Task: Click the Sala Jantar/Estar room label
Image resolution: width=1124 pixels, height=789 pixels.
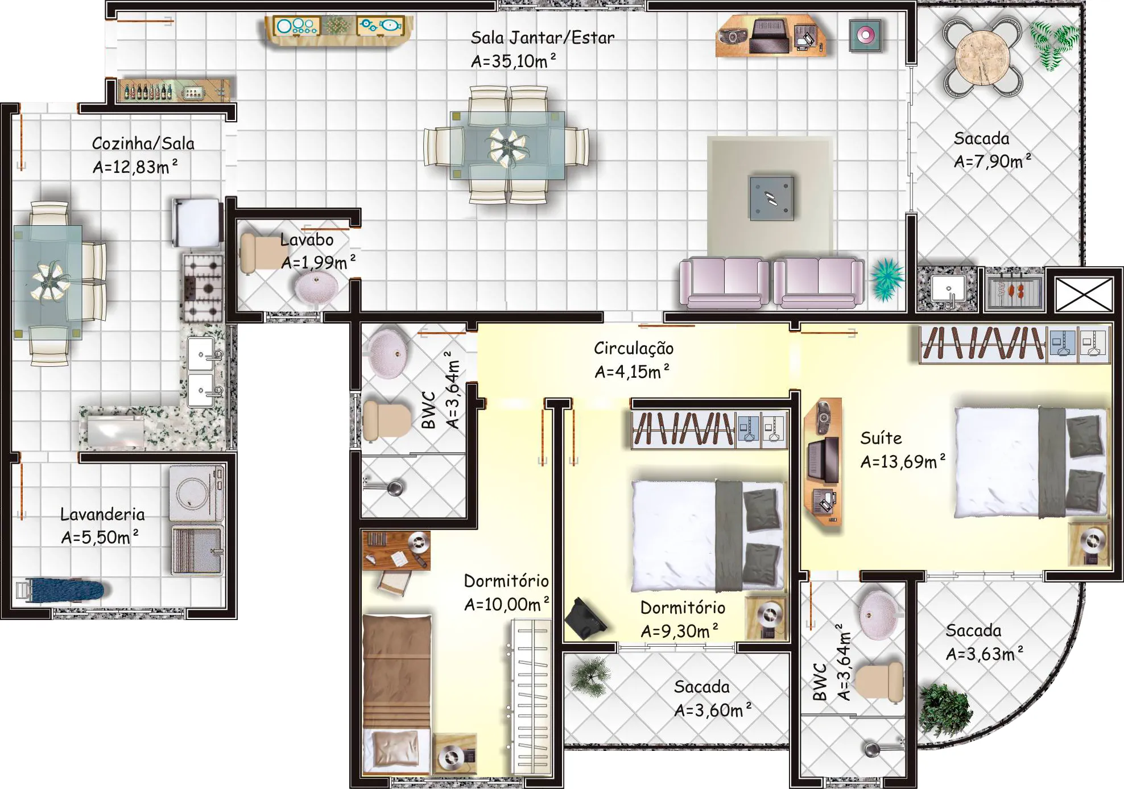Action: click(543, 38)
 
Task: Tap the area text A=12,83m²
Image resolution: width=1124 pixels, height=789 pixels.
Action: click(135, 166)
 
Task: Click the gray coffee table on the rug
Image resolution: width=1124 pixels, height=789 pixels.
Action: click(771, 197)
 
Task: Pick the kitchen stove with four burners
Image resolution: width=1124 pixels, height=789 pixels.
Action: click(203, 288)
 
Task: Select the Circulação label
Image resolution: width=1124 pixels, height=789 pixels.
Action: click(634, 348)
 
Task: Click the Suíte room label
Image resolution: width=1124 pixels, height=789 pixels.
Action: click(881, 438)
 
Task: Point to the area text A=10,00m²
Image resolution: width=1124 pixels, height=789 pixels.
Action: click(507, 604)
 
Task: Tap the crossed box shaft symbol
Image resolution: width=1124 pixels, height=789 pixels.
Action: click(1084, 295)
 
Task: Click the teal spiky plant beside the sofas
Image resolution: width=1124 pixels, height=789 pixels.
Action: click(886, 279)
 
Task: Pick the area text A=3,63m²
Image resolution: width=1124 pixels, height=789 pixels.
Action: click(985, 654)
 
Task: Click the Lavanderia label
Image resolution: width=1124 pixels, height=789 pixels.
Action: click(102, 514)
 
